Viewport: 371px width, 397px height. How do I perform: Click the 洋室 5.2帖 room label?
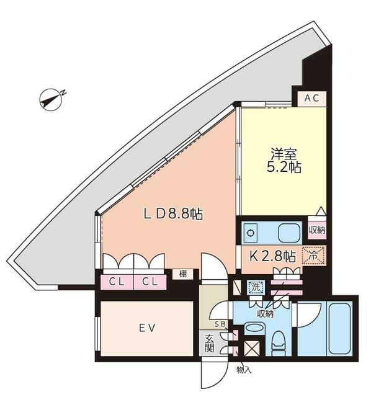[285, 159]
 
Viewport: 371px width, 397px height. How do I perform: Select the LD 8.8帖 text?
[173, 214]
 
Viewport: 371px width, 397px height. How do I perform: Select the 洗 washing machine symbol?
[255, 287]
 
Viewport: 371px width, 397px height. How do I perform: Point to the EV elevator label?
[146, 329]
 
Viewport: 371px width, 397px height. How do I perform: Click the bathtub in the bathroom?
[339, 329]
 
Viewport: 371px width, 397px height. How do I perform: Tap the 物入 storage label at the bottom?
[244, 370]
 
